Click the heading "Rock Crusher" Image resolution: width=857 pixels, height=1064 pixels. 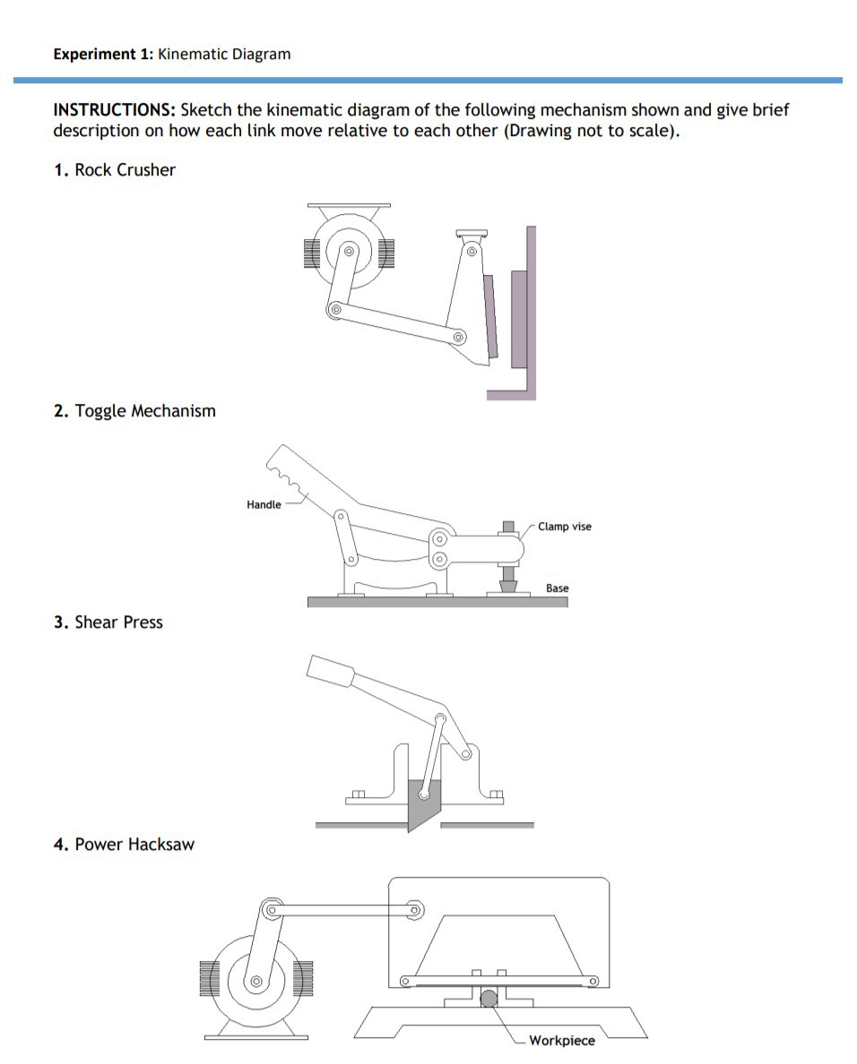125,170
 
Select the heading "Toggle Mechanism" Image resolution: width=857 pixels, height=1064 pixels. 144,411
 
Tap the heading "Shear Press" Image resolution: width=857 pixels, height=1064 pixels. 118,622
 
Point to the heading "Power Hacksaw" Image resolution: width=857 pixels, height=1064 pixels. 134,845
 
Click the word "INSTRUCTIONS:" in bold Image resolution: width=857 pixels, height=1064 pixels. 115,110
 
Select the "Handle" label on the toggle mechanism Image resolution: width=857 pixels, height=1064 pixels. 264,505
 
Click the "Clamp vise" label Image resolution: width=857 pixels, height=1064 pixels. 565,527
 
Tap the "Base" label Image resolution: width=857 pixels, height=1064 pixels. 557,588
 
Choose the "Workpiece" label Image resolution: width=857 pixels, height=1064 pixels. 561,1040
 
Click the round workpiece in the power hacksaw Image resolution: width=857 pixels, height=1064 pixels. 489,999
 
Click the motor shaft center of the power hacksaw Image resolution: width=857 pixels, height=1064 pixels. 256,982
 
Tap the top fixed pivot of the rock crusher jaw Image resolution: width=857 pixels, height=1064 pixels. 471,252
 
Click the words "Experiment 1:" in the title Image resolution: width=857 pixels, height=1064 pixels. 103,54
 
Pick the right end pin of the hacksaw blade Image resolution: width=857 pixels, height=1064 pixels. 593,982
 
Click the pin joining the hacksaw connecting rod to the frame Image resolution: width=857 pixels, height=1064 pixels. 414,910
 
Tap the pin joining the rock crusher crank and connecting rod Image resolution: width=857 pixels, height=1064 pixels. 335,310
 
